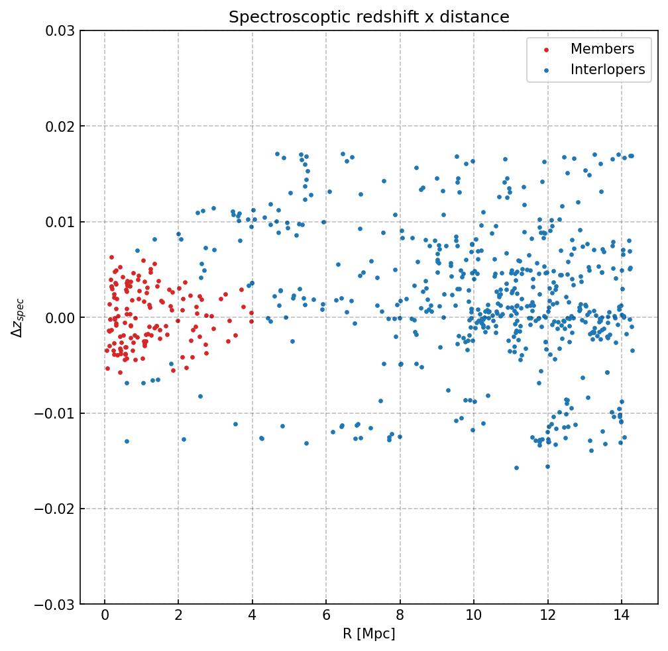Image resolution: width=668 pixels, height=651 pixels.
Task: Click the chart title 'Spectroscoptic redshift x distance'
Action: pos(369,17)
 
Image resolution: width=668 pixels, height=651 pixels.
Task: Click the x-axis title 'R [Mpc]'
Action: pos(369,634)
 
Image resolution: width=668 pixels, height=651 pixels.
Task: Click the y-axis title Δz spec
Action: pos(18,318)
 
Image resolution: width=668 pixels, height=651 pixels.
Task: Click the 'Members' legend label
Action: pos(602,49)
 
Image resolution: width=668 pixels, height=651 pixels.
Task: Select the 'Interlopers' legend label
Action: pos(607,70)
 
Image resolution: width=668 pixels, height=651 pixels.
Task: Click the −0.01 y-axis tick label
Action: pos(57,413)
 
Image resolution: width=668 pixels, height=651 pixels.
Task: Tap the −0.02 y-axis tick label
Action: pos(57,509)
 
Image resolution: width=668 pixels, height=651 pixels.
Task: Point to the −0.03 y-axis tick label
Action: pos(57,605)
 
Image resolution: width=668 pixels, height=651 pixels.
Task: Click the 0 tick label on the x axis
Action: pos(105,617)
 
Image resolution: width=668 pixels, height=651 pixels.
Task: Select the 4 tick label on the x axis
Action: pos(252,617)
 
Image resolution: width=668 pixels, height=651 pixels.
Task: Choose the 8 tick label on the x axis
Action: pos(400,617)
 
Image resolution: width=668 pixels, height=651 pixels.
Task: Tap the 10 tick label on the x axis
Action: pos(473,617)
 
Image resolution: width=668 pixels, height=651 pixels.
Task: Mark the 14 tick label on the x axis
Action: pos(621,617)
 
